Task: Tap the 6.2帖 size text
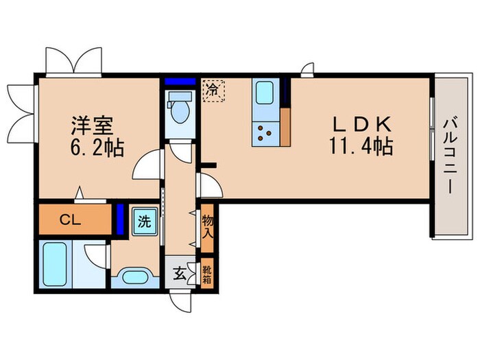(96, 148)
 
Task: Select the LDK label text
(362, 123)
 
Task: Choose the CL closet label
(71, 221)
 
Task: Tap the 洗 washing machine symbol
(145, 221)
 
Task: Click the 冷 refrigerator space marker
(213, 89)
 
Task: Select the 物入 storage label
(208, 225)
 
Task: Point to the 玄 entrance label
(179, 274)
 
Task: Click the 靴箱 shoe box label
(208, 275)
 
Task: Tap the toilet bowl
(181, 110)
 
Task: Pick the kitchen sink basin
(265, 93)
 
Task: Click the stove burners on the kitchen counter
(265, 131)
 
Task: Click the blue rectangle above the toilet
(180, 82)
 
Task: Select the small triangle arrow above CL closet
(81, 194)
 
